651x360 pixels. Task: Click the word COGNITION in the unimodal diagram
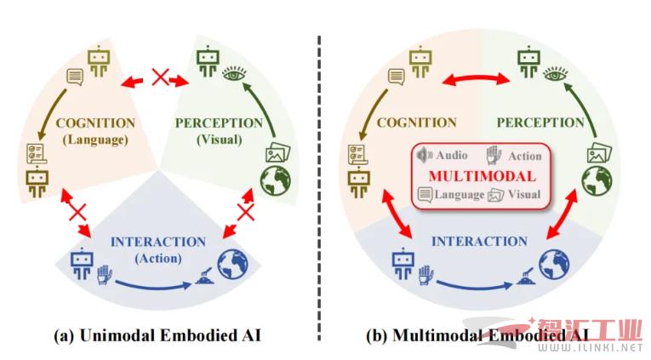95,123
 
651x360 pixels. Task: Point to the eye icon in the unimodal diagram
231,75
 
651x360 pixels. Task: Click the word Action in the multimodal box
524,156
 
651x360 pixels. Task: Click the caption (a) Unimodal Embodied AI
157,335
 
